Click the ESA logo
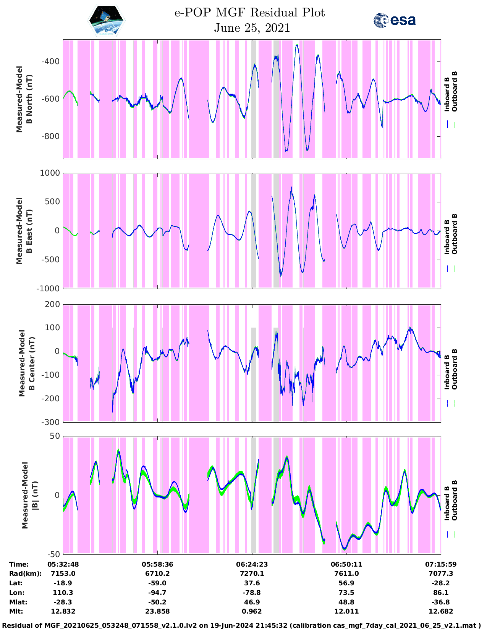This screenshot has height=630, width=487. tap(394, 20)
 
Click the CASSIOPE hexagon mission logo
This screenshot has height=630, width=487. tap(107, 21)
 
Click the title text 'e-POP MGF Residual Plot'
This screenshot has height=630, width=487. tap(249, 13)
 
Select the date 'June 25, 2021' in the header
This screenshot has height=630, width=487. tap(252, 28)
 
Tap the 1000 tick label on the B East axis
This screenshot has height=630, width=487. tap(50, 173)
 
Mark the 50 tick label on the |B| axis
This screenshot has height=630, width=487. tap(55, 436)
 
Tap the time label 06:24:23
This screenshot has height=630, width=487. tap(252, 564)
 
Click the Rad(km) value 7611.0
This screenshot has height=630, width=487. tap(346, 573)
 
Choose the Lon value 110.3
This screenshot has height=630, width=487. tap(63, 593)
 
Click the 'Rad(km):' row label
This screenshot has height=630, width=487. tap(25, 573)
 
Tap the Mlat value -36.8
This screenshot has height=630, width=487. tap(440, 602)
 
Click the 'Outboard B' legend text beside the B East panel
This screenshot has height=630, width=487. tap(455, 234)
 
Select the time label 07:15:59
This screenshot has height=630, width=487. tap(440, 564)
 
